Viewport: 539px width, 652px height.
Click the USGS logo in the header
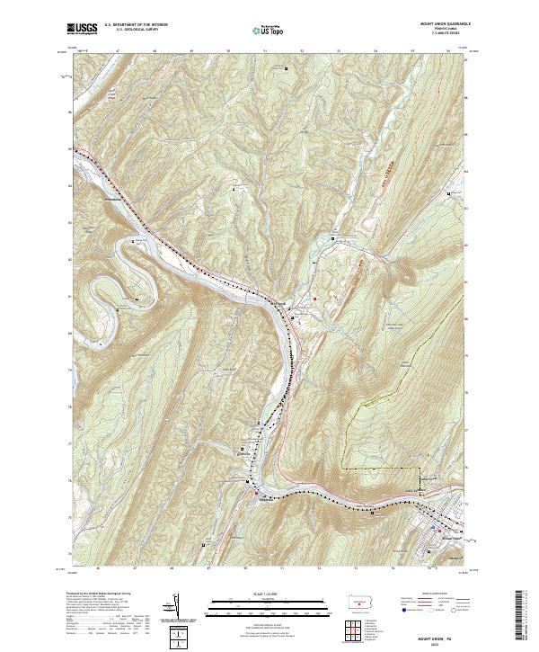[x=83, y=29]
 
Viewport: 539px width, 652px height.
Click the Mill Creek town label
[x=278, y=304]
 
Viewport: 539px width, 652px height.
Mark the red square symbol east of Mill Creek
[x=314, y=299]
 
